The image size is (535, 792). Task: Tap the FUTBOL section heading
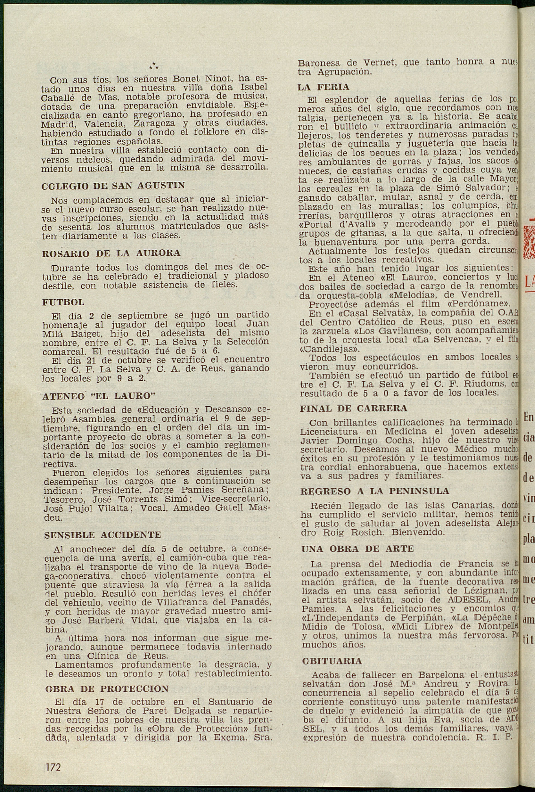[x=63, y=302]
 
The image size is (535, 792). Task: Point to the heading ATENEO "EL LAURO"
[x=99, y=396]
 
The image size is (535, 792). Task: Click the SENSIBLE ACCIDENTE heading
[x=103, y=535]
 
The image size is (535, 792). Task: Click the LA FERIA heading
[x=323, y=87]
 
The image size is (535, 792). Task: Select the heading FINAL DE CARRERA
[x=353, y=408]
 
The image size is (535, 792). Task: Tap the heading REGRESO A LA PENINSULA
[x=375, y=491]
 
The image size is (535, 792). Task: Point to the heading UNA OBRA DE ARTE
[x=357, y=549]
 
